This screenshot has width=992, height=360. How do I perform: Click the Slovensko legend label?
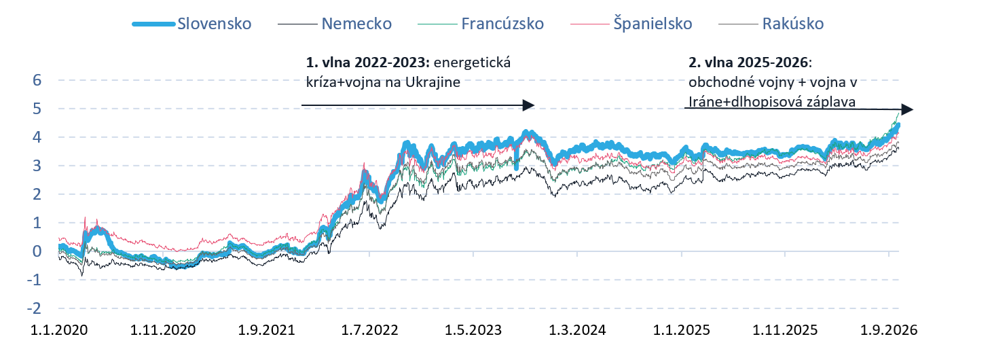215,24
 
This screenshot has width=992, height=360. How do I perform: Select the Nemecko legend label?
356,24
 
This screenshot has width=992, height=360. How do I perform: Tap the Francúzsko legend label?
502,24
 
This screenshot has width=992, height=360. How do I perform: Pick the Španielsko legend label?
653,24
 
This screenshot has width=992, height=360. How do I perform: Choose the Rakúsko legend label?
793,24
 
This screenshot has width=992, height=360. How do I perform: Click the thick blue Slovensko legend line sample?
153,24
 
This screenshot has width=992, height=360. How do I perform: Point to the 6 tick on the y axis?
37,80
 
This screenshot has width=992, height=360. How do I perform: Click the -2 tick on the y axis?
34,308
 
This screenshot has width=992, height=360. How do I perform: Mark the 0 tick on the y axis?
37,251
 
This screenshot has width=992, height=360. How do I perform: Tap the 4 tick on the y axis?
37,137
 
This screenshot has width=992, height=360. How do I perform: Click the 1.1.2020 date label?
59,330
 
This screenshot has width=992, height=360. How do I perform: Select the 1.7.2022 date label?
369,330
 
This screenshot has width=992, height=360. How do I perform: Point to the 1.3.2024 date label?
578,330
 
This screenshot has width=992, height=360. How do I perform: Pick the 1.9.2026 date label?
889,330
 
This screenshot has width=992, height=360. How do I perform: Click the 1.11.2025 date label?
785,330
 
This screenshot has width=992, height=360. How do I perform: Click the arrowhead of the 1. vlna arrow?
529,105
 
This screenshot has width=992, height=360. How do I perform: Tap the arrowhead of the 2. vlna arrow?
907,109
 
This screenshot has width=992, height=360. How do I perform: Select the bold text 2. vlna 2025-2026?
748,62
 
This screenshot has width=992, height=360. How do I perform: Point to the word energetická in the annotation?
472,62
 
